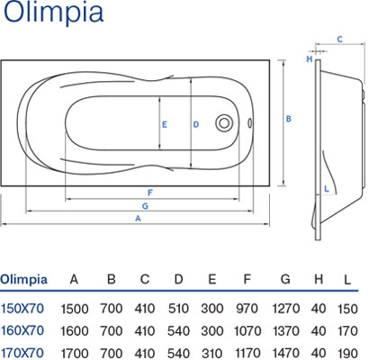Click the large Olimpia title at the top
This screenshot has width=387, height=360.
(x=53, y=12)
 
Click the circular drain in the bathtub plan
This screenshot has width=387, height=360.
(x=224, y=123)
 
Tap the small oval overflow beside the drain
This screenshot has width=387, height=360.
(x=249, y=123)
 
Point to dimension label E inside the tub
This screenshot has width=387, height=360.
(x=165, y=124)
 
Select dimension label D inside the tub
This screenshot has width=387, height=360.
(x=196, y=124)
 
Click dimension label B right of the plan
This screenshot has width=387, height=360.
(x=288, y=119)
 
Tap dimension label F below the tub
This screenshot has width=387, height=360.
(x=150, y=193)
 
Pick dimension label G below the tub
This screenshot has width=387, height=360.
(x=145, y=206)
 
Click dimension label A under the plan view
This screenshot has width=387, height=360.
(x=138, y=219)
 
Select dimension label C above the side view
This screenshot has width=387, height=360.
(x=339, y=40)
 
